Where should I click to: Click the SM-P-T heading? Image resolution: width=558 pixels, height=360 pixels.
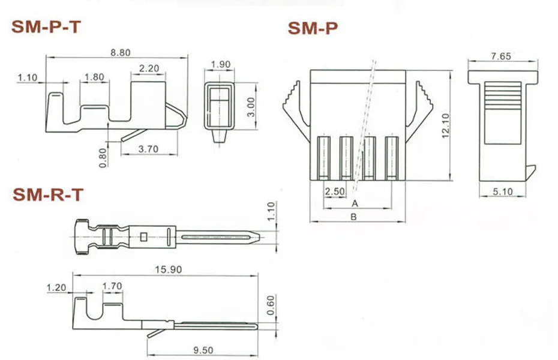click(46, 27)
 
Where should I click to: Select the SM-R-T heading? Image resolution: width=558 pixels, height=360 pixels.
click(48, 194)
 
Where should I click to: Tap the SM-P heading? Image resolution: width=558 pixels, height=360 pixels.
click(313, 28)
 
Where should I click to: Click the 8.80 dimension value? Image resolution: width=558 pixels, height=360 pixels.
click(120, 53)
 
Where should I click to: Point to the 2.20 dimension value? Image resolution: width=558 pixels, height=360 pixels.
click(149, 68)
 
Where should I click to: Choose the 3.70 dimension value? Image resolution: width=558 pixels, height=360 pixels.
click(148, 149)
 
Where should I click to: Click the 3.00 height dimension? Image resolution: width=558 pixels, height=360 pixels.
click(251, 107)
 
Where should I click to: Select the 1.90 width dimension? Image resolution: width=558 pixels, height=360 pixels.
click(221, 65)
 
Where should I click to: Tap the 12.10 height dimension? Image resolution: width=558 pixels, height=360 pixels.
click(445, 126)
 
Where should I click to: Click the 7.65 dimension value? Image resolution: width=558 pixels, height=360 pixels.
click(501, 56)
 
